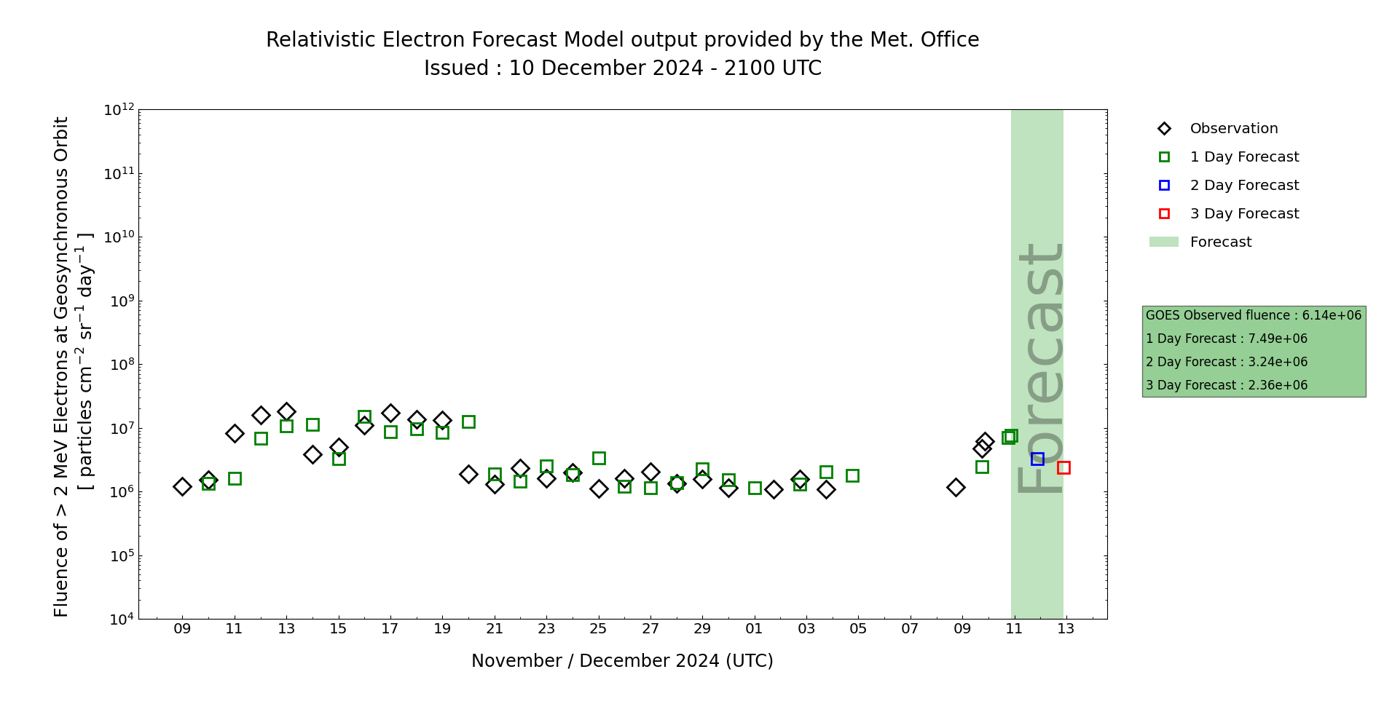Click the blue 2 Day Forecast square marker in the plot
click(1037, 459)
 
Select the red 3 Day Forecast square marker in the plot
click(1063, 467)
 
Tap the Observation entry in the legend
click(1233, 129)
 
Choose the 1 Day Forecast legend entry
click(1244, 157)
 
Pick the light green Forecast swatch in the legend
click(1163, 242)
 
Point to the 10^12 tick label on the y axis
click(119, 110)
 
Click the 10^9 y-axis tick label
click(119, 301)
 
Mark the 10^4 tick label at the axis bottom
click(119, 620)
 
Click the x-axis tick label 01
click(754, 629)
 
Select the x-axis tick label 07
click(910, 629)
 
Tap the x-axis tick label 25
click(598, 629)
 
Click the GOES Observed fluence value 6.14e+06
click(1332, 315)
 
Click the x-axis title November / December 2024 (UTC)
click(622, 661)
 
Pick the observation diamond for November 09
click(182, 486)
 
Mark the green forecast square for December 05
click(852, 475)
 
